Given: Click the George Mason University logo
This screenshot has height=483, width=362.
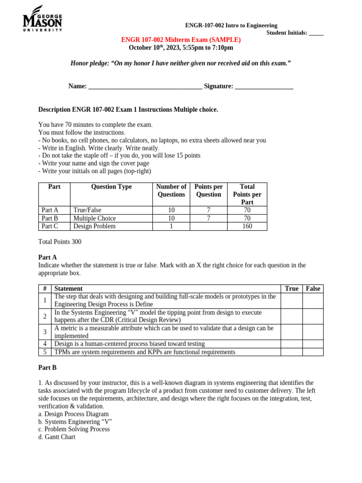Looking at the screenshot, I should click(42, 19).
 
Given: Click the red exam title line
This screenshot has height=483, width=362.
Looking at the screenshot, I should click(181, 40).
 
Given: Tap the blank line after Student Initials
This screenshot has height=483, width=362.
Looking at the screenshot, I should click(316, 33).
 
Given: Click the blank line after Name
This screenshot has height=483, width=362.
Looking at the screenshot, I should click(145, 87).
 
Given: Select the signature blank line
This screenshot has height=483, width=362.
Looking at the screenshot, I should click(264, 87).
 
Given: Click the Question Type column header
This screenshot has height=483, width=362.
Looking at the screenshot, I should click(111, 187).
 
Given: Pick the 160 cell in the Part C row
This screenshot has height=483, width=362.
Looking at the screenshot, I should click(247, 226).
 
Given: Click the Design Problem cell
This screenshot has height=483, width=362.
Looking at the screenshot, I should click(94, 226).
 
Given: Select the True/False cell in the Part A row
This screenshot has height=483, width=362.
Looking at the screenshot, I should click(87, 210).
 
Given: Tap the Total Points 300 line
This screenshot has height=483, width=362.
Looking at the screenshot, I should click(59, 241).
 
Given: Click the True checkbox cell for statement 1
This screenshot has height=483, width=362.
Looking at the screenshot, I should click(291, 300).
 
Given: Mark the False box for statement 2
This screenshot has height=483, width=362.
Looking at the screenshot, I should click(313, 316).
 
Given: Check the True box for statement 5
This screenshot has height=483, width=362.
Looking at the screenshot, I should click(291, 352).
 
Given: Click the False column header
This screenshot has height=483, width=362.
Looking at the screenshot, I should click(313, 289).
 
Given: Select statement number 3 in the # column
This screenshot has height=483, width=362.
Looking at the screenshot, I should click(45, 332).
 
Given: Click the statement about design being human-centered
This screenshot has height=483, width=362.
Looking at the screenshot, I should click(130, 344).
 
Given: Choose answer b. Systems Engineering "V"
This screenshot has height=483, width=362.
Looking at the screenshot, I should click(75, 422).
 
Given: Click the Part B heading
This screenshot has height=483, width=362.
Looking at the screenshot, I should click(47, 367).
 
